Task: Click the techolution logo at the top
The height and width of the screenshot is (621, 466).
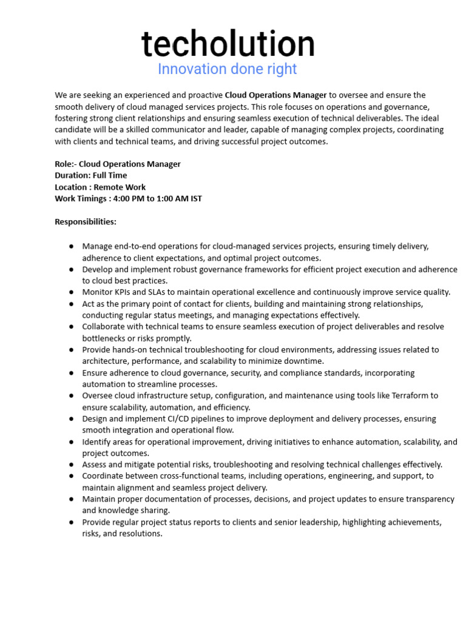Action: point(228,44)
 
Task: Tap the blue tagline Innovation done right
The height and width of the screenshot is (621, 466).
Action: point(227,69)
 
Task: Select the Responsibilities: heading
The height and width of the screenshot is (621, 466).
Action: point(86,222)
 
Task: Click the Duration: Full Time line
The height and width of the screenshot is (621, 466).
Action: point(91,175)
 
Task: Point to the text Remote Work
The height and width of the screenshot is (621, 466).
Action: point(120,187)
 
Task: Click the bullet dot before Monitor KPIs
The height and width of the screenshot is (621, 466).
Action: point(72,292)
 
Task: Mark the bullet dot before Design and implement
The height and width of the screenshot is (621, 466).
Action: point(72,419)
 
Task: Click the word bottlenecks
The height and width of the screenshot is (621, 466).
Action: point(106,338)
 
